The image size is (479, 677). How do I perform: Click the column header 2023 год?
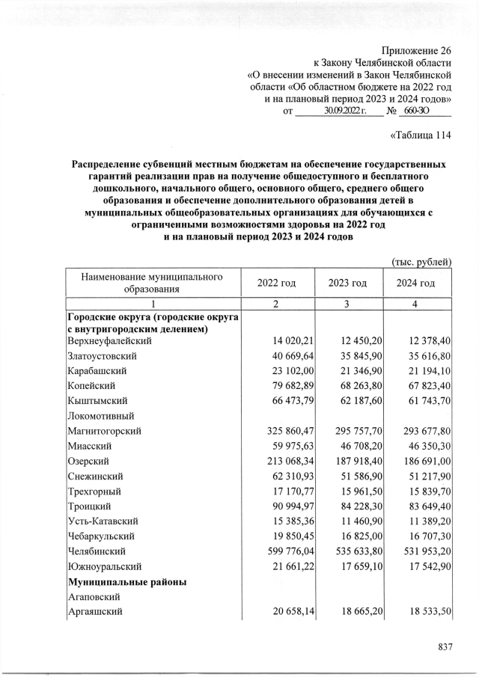pos(347,284)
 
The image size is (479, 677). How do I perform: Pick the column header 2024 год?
pos(416,284)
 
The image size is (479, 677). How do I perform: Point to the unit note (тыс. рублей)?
pos(422,261)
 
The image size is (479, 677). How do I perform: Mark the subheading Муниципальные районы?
pos(126,581)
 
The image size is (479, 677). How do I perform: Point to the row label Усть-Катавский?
pos(103,521)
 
